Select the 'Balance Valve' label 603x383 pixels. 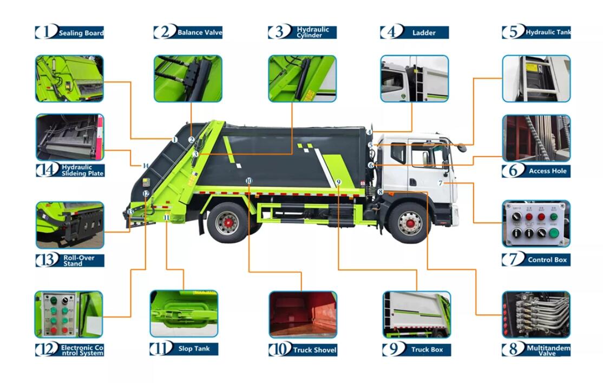click(199, 33)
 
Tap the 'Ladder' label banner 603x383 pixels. click(423, 33)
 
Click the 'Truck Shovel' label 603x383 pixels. click(314, 350)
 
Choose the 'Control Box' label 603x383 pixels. click(547, 259)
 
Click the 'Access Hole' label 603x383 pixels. click(547, 171)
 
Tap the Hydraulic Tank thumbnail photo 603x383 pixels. click(536, 79)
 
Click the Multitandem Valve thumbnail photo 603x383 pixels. click(536, 315)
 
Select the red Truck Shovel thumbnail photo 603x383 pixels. click(303, 315)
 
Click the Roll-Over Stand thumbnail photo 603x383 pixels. click(69, 225)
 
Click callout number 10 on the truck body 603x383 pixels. click(248, 180)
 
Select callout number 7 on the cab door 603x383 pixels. click(441, 183)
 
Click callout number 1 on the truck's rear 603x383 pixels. click(175, 140)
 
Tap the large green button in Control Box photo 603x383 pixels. click(554, 233)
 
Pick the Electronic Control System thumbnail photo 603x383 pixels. click(68, 315)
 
